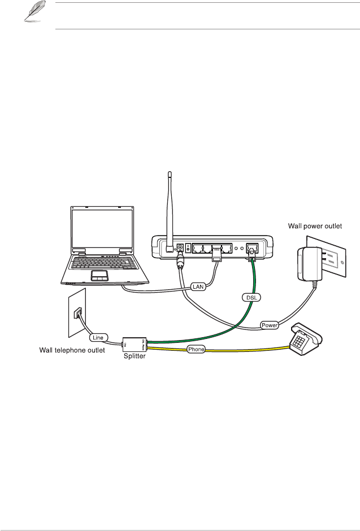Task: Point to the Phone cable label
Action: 196,350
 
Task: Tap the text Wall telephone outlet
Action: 72,350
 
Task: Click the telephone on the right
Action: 306,342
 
